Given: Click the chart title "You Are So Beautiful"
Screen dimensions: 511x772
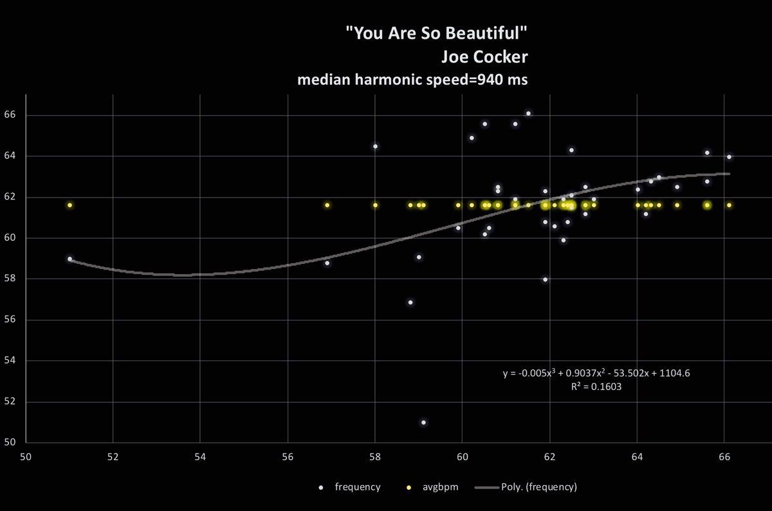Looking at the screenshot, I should click(437, 34).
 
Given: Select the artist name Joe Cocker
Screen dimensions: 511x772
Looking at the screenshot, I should click(484, 57).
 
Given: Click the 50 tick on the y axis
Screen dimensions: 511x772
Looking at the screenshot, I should click(12, 443).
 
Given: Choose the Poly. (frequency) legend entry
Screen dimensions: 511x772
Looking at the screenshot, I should click(538, 487).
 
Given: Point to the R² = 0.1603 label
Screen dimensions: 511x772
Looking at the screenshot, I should click(596, 387).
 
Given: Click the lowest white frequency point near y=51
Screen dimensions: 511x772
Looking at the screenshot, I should click(423, 422).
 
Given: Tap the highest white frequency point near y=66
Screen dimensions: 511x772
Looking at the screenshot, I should click(528, 113).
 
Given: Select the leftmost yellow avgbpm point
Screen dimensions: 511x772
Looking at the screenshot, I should click(69, 205).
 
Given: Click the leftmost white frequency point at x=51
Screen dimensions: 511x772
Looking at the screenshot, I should click(69, 259).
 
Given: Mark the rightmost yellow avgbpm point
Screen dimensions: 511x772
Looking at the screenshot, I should click(729, 205).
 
